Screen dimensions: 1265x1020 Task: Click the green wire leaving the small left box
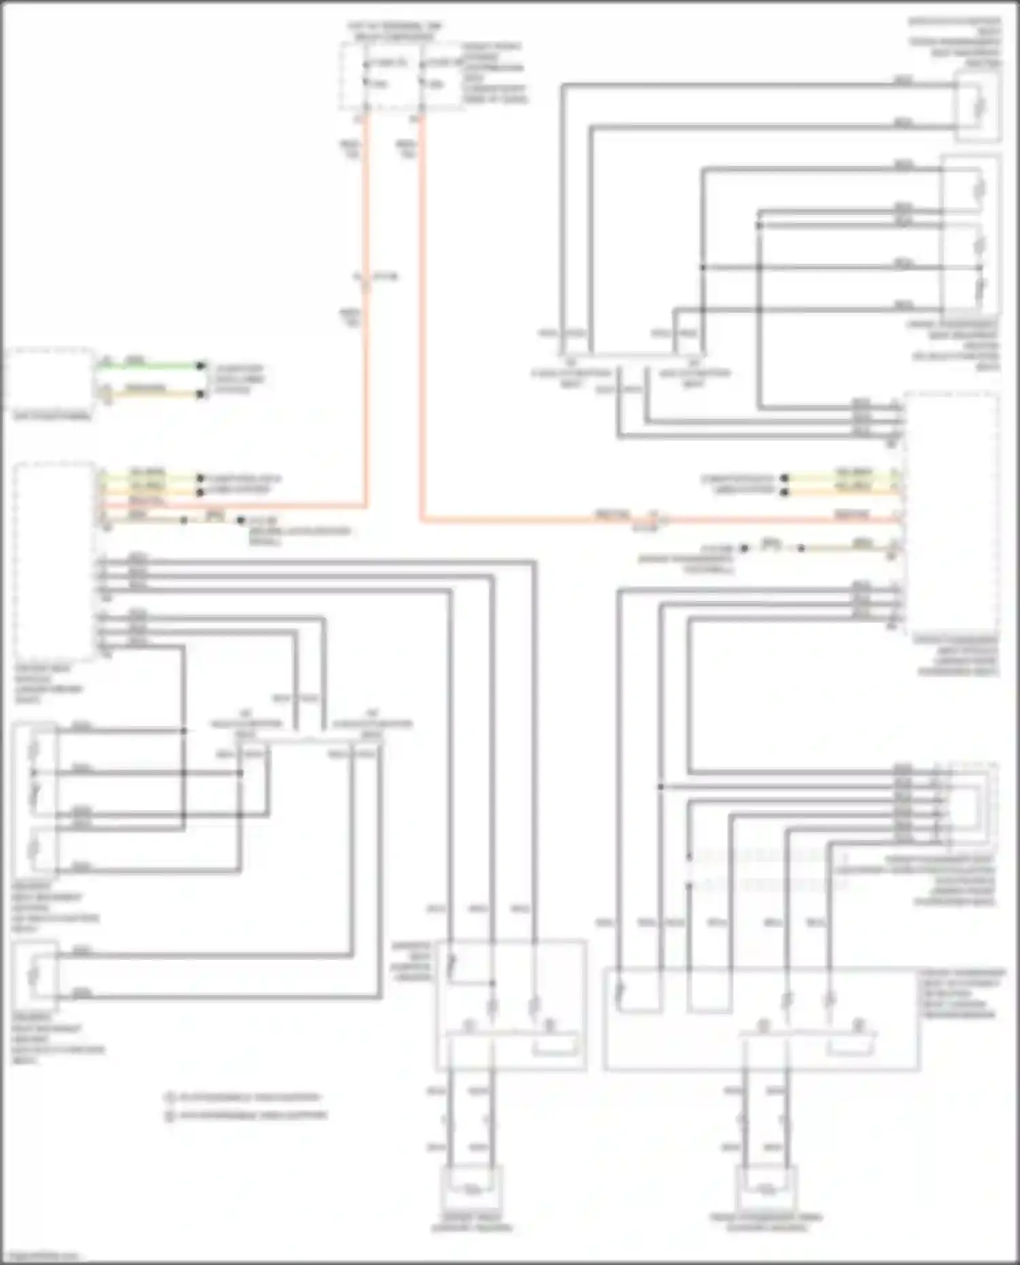(150, 366)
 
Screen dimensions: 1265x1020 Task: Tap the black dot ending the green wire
(201, 366)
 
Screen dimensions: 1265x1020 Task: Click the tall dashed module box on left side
(54, 561)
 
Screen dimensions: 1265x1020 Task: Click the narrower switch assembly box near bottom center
(511, 1005)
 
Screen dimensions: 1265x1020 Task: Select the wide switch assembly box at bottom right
(760, 1018)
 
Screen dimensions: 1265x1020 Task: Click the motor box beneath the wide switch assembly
(766, 1188)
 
